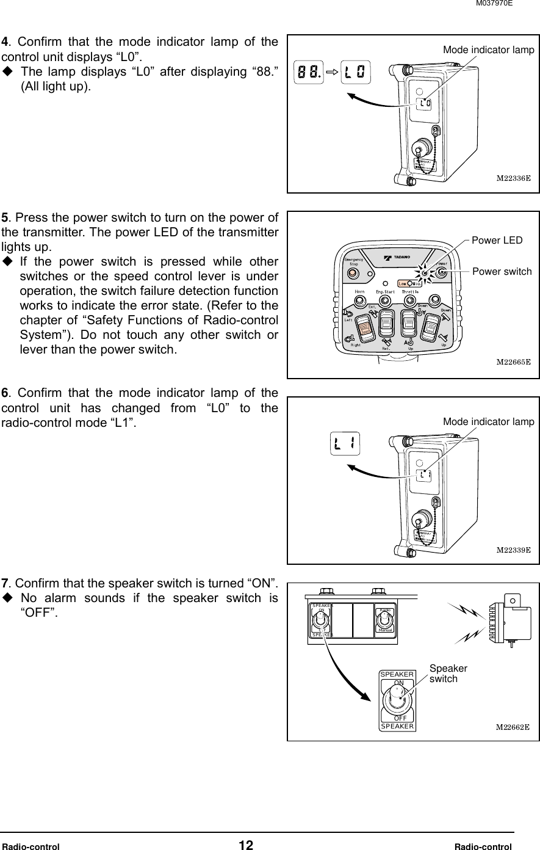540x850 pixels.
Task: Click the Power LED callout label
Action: tap(497, 240)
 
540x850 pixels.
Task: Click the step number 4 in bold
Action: tap(5, 42)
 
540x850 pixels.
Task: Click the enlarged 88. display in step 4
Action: tap(309, 72)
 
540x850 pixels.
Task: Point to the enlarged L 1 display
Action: tap(346, 444)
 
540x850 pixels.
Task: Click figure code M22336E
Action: tap(513, 180)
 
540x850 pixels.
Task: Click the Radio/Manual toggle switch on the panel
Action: tap(384, 621)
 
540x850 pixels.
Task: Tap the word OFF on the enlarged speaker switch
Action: tap(400, 718)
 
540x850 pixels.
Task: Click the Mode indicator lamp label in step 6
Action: tap(488, 422)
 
